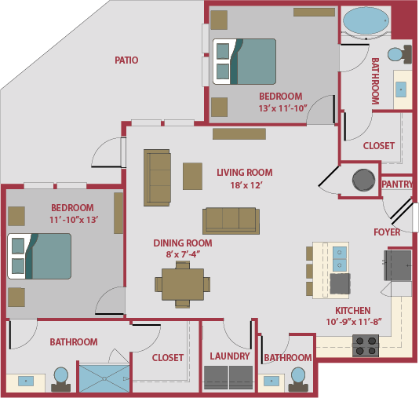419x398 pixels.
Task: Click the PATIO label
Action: tap(126, 60)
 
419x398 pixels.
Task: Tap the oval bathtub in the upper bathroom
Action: tap(366, 21)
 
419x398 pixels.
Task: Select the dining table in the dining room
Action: tap(183, 284)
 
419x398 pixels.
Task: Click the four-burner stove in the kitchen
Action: tap(366, 345)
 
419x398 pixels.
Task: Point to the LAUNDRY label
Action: tap(230, 356)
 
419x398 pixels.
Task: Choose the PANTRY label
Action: tap(397, 184)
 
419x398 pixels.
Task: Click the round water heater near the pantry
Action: tap(363, 180)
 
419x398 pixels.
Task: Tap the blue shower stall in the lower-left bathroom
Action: tap(104, 378)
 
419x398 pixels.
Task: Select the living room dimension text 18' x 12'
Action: tap(246, 185)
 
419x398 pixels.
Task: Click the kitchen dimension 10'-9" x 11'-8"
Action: tap(354, 322)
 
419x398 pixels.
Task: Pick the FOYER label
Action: tap(387, 232)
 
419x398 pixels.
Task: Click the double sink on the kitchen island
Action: tap(340, 258)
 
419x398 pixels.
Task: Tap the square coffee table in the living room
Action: tap(192, 176)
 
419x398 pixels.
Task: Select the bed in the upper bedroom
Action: tap(244, 61)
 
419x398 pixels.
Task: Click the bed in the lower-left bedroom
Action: tap(39, 257)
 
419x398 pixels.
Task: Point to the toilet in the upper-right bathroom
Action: tap(399, 54)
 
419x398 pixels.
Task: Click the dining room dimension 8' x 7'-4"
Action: tap(183, 254)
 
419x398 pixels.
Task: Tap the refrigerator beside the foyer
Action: tap(398, 265)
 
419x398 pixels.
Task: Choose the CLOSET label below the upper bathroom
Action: tap(379, 146)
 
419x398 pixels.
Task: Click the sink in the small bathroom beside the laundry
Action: tap(271, 381)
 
